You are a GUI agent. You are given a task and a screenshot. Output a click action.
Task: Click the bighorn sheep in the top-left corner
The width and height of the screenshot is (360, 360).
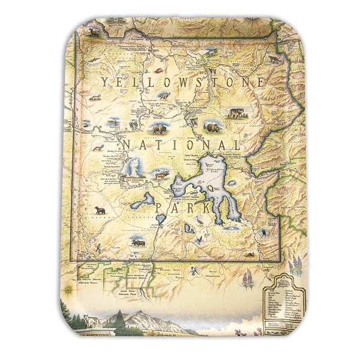pyautogui.click(x=93, y=32)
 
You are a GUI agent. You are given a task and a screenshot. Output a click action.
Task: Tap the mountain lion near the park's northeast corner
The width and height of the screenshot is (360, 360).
pyautogui.click(x=274, y=59)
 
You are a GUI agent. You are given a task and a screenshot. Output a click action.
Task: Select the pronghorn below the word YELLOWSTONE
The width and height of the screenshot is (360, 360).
pyautogui.click(x=163, y=95)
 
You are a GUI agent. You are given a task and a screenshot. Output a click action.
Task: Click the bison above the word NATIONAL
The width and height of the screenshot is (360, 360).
pyautogui.click(x=159, y=128)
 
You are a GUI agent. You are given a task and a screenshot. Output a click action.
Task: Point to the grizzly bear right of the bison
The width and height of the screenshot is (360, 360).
pyautogui.click(x=212, y=127)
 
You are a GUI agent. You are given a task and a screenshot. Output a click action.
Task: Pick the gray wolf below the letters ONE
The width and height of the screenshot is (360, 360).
pyautogui.click(x=235, y=113)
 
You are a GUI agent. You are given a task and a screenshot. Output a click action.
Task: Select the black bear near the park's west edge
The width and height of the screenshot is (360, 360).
pyautogui.click(x=100, y=211)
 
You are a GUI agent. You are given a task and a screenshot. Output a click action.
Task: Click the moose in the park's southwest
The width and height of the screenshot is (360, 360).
pyautogui.click(x=139, y=242)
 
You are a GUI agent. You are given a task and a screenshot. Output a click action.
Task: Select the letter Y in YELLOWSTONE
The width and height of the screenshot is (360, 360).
pyautogui.click(x=105, y=83)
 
